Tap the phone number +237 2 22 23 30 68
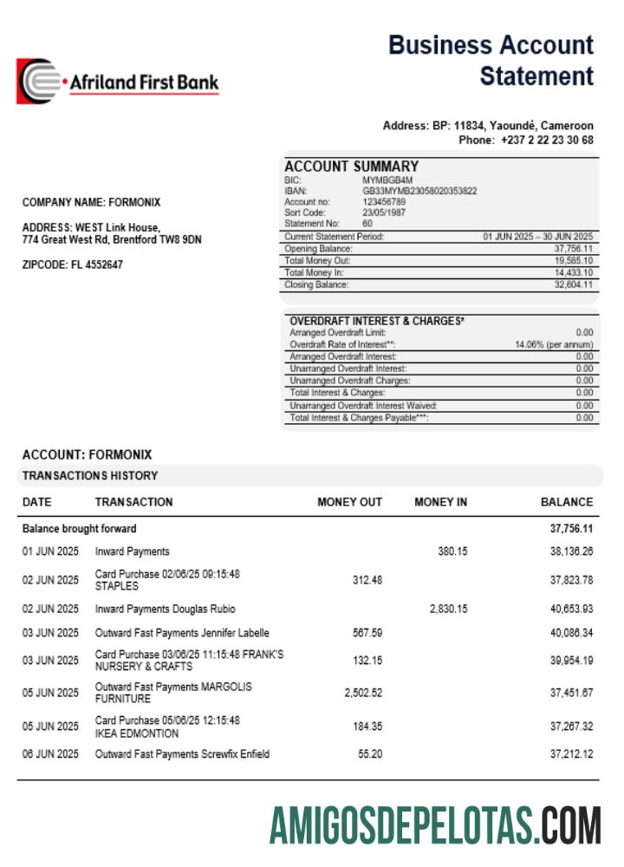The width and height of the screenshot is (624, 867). (547, 140)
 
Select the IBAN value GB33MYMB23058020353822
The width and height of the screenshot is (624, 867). (419, 191)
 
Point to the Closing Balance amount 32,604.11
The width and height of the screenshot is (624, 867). (574, 284)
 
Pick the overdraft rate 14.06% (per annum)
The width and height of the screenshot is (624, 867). (554, 344)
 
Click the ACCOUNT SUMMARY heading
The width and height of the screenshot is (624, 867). (351, 166)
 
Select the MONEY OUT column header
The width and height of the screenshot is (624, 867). (349, 502)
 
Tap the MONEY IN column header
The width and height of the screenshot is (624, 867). (440, 502)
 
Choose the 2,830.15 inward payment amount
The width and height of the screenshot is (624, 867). (448, 610)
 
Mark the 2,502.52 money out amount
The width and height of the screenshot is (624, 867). (363, 693)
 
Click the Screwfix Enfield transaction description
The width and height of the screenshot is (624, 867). (182, 754)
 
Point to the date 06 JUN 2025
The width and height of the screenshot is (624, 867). (50, 754)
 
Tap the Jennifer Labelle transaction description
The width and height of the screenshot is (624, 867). (182, 633)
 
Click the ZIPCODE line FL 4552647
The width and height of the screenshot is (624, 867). (72, 265)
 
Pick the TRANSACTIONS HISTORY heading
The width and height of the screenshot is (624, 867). (90, 476)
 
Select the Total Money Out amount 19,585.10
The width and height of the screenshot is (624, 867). (574, 260)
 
